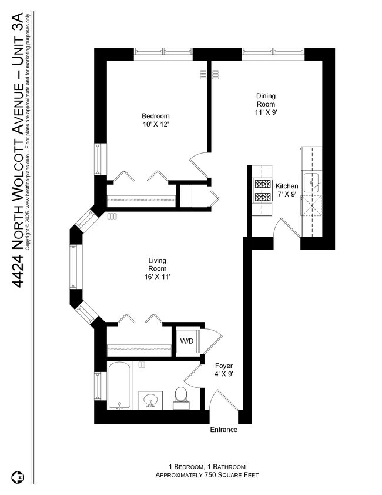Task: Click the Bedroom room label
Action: (x=156, y=116)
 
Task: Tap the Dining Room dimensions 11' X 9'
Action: (x=266, y=113)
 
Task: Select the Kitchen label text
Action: (x=287, y=186)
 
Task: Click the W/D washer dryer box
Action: (x=187, y=340)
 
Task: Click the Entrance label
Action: (x=224, y=430)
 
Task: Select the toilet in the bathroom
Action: (x=181, y=396)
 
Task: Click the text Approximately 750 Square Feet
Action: (x=207, y=475)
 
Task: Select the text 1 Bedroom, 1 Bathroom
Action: (x=207, y=466)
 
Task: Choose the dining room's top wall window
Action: (x=273, y=54)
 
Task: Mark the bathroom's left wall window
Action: (x=98, y=386)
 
